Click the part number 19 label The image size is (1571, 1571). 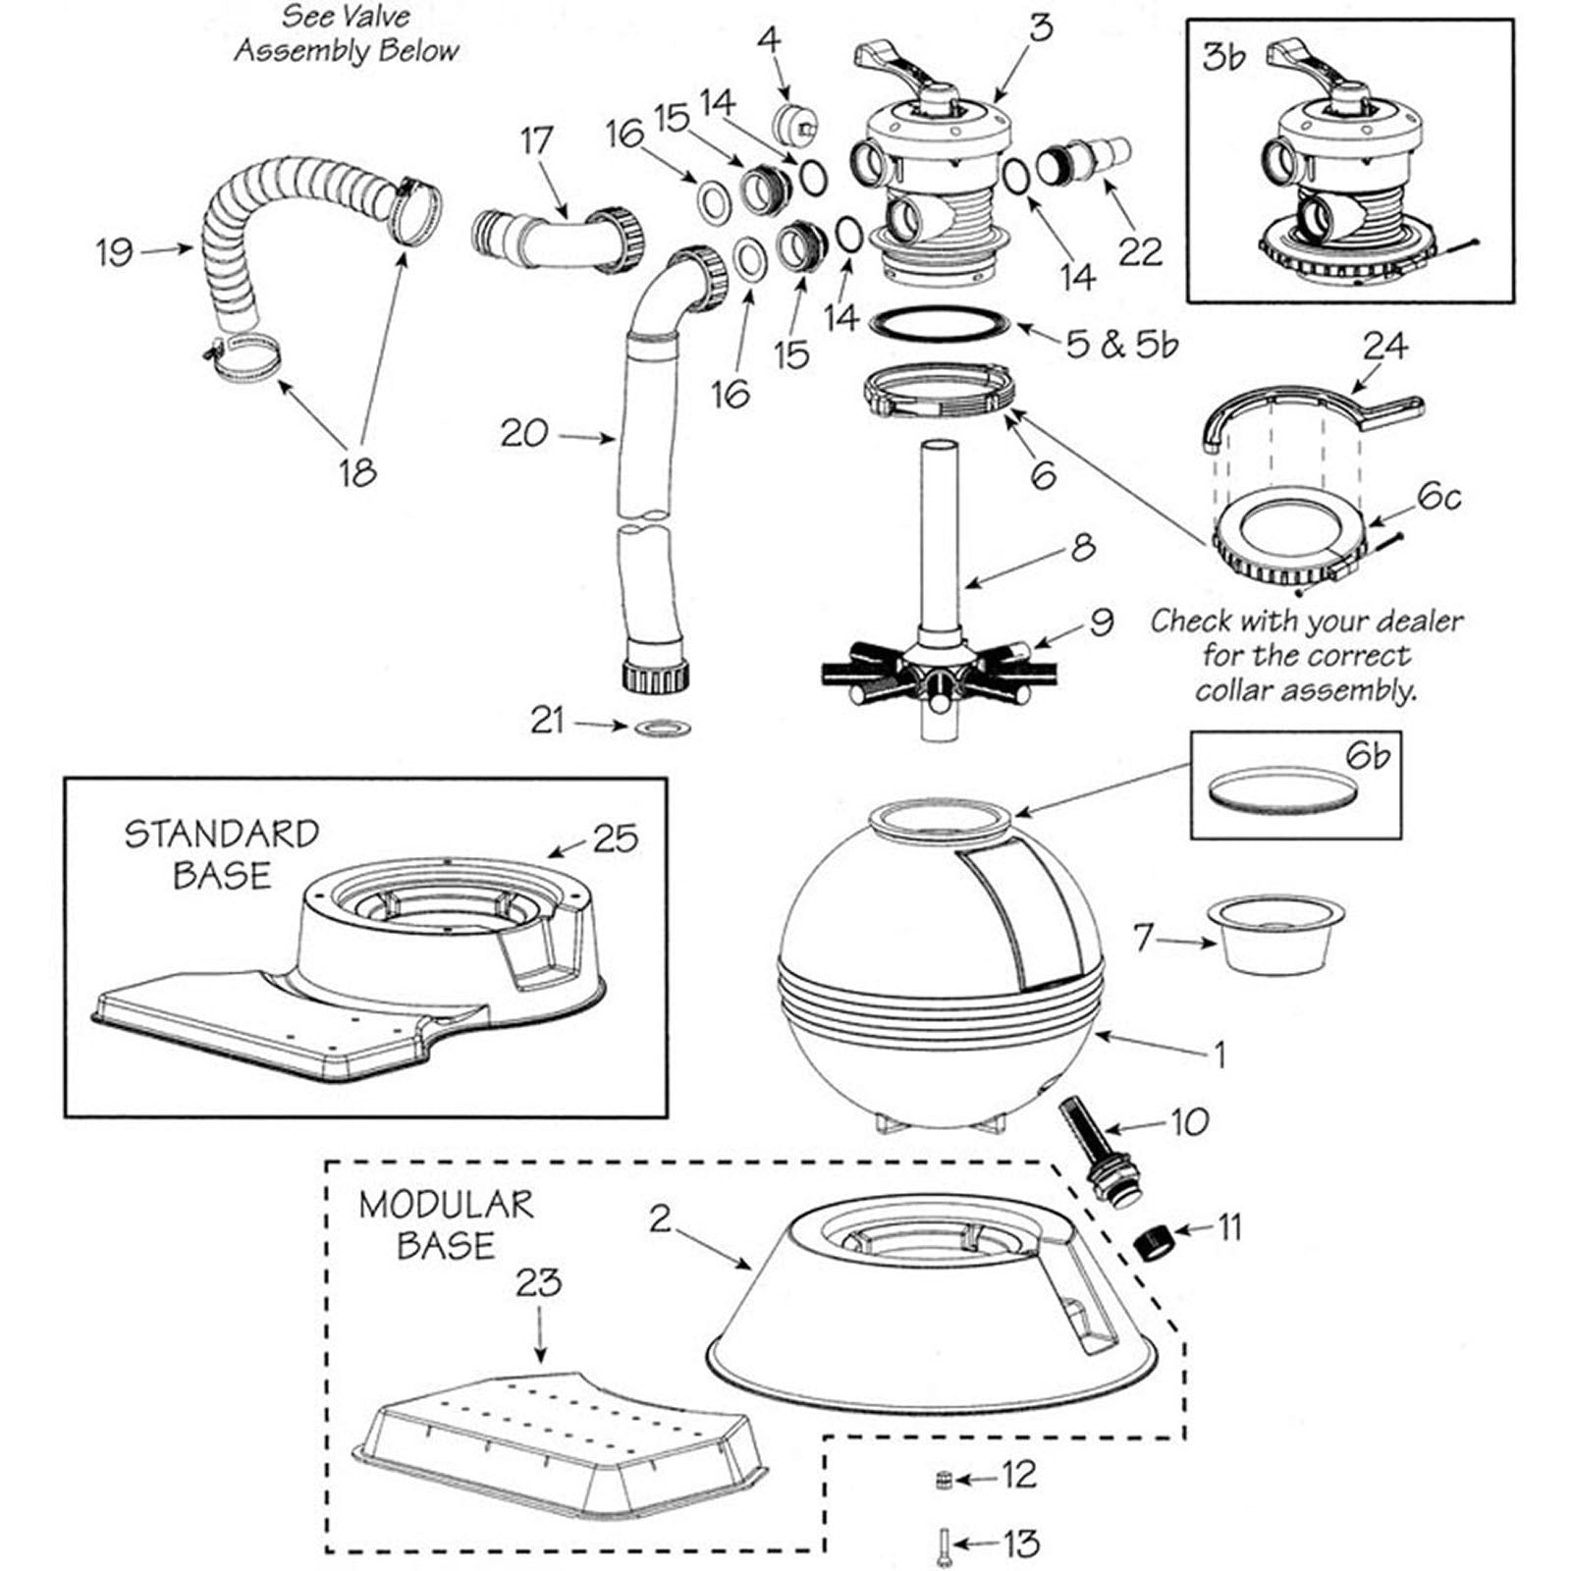pyautogui.click(x=114, y=251)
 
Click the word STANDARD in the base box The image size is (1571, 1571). pyautogui.click(x=222, y=834)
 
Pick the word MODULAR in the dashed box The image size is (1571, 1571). pyautogui.click(x=446, y=1205)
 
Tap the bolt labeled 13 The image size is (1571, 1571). pyautogui.click(x=942, y=1543)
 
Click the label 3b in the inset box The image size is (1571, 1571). pyautogui.click(x=1223, y=58)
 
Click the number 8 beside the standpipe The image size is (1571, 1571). pyautogui.click(x=1082, y=546)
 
